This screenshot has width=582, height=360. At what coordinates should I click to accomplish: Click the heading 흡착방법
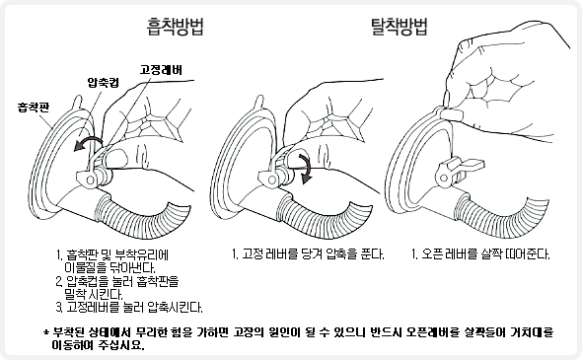coord(176,27)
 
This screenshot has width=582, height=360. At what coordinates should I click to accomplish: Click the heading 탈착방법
coord(400,27)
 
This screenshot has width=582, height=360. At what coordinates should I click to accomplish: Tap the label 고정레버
coord(161,70)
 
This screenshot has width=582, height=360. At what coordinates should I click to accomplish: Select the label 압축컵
coord(104,83)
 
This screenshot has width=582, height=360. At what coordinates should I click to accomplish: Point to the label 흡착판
coord(34,108)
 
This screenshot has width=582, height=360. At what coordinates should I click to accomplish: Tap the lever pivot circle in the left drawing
coord(90,180)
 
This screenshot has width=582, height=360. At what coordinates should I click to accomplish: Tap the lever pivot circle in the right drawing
coord(444,179)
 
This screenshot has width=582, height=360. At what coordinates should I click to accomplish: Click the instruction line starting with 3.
coord(129,308)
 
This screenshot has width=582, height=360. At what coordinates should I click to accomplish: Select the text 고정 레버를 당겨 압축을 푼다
coord(313,254)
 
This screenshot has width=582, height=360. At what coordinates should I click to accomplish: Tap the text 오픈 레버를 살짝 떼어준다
coord(485,254)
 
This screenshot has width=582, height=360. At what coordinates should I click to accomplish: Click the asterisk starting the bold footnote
coord(46,332)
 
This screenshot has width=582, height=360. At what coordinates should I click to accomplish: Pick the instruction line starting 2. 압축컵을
coord(117,281)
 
